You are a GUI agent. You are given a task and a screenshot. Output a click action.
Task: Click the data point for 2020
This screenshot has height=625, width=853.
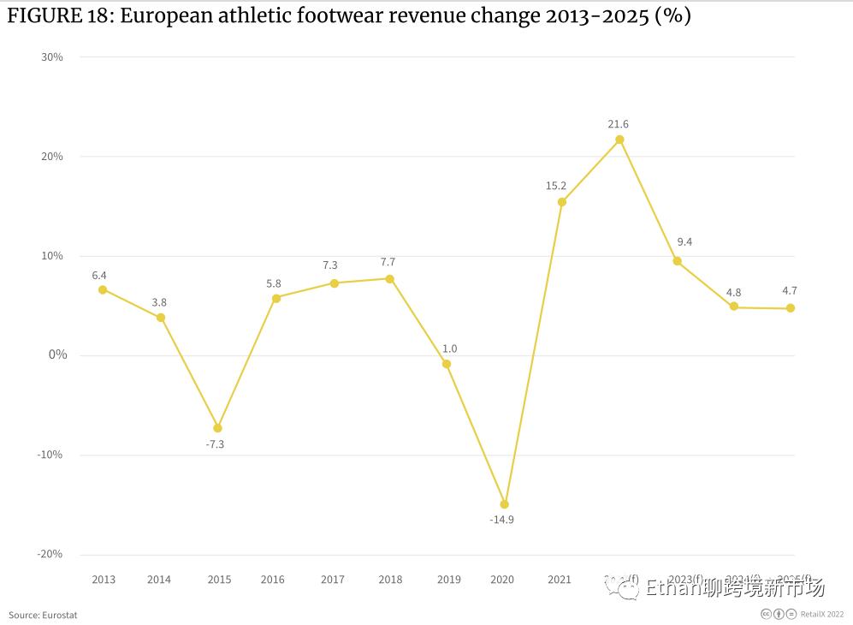504,504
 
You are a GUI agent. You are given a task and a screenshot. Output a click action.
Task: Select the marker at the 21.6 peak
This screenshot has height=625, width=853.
619,140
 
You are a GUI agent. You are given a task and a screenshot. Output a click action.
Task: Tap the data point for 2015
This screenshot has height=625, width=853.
217,428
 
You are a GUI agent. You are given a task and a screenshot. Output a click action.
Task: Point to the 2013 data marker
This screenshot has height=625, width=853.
103,289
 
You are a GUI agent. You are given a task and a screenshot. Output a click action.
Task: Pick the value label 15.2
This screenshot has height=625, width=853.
556,186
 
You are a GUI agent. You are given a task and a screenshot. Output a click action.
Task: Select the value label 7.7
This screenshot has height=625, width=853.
388,262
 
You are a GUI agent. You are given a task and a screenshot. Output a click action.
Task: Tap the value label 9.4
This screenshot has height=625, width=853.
684,242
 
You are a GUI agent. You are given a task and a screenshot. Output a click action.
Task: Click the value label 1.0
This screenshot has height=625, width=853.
449,348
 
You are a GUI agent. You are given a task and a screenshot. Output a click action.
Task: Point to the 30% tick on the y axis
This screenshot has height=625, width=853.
52,57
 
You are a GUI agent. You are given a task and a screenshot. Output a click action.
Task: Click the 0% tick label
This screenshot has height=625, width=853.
57,354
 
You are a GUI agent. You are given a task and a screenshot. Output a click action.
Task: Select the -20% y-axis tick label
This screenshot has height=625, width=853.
50,554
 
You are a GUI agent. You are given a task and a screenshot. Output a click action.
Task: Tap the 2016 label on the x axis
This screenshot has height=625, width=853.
273,580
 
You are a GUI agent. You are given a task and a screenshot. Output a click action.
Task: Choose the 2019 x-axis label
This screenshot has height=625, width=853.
448,580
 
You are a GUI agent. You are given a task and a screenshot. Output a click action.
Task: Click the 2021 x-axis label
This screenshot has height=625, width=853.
559,580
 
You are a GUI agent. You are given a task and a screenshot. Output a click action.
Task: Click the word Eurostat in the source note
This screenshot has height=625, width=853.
59,615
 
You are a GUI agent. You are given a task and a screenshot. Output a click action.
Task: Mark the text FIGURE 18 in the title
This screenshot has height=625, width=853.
59,15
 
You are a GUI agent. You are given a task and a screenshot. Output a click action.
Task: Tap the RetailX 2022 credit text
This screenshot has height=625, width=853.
822,614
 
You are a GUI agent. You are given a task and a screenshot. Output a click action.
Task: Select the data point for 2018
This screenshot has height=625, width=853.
389,278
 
